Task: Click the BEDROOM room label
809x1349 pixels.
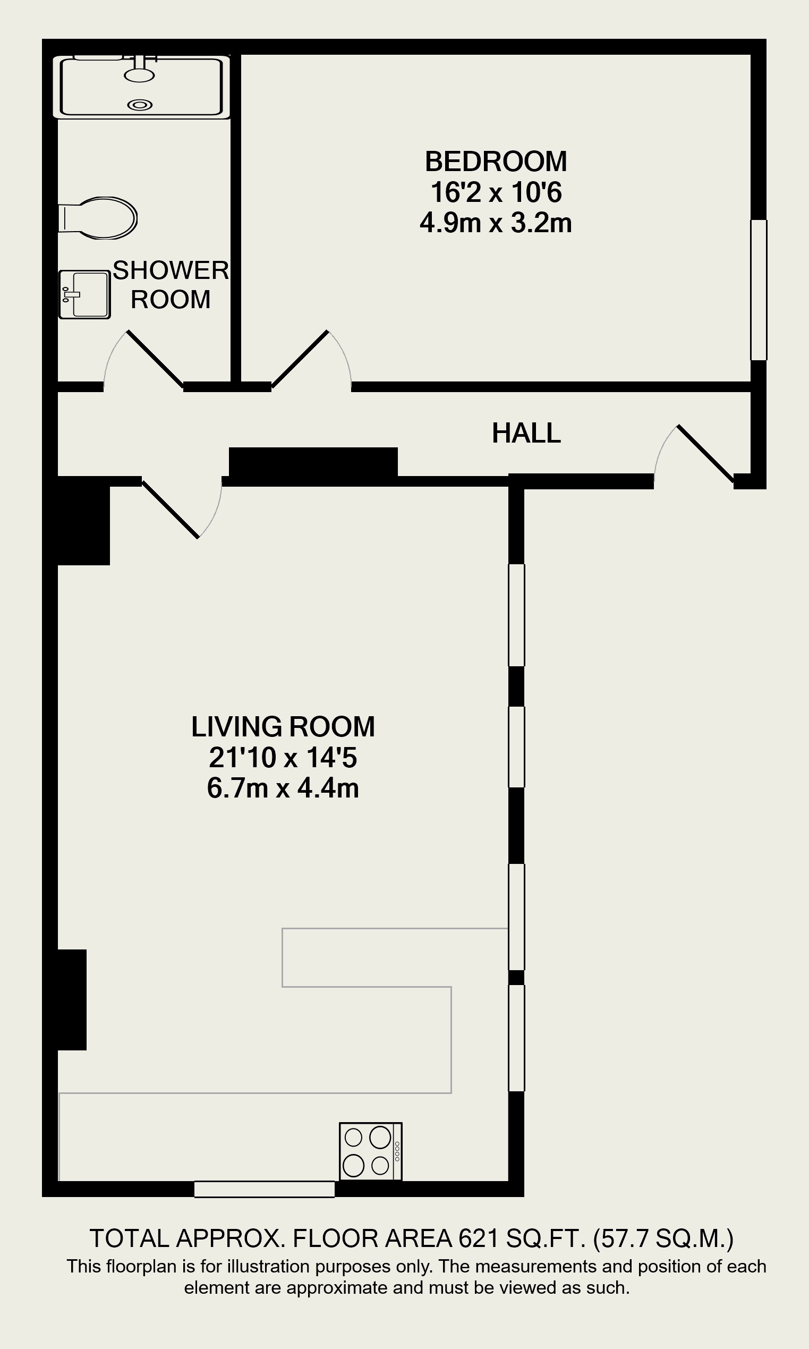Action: pos(496,162)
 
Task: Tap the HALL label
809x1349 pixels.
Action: pos(526,434)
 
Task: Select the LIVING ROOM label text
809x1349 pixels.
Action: pos(283,726)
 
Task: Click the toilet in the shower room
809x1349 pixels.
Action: pos(98,218)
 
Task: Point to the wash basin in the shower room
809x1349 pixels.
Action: pos(84,294)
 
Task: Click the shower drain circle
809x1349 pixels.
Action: pos(140,105)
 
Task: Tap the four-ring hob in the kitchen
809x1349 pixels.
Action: pos(371,1151)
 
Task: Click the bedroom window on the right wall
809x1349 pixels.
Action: pos(759,290)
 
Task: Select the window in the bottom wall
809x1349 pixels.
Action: pos(265,1189)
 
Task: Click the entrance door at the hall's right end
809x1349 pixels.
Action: pos(705,454)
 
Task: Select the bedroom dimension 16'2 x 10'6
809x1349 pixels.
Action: pos(496,192)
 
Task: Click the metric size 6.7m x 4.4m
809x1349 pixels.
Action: pos(283,788)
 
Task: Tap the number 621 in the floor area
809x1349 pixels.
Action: pos(479,1239)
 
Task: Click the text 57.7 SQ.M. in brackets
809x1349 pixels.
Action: pos(663,1239)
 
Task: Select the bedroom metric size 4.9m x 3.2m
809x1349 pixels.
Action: pos(496,223)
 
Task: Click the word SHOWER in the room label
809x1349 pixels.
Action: pos(171,270)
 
